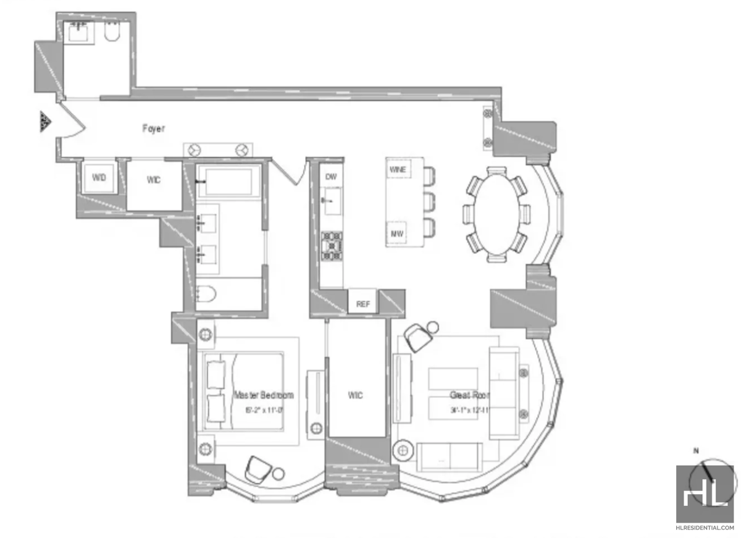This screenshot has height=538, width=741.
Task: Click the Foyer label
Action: pos(153,129)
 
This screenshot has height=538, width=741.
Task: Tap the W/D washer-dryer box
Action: pos(99,178)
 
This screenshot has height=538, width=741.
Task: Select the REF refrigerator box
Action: pos(362,304)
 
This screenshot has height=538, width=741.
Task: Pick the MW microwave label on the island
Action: pos(397,233)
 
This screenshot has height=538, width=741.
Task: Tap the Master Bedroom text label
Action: pos(264,395)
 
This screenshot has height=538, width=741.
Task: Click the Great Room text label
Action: pos(470,395)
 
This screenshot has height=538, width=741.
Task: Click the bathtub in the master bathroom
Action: pos(225,182)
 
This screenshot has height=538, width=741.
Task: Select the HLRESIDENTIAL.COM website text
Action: pos(706,528)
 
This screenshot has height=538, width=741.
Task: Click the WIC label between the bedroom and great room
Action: pos(356,395)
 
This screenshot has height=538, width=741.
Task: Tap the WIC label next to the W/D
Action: pos(153,180)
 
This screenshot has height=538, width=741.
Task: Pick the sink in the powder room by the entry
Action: pos(79,31)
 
